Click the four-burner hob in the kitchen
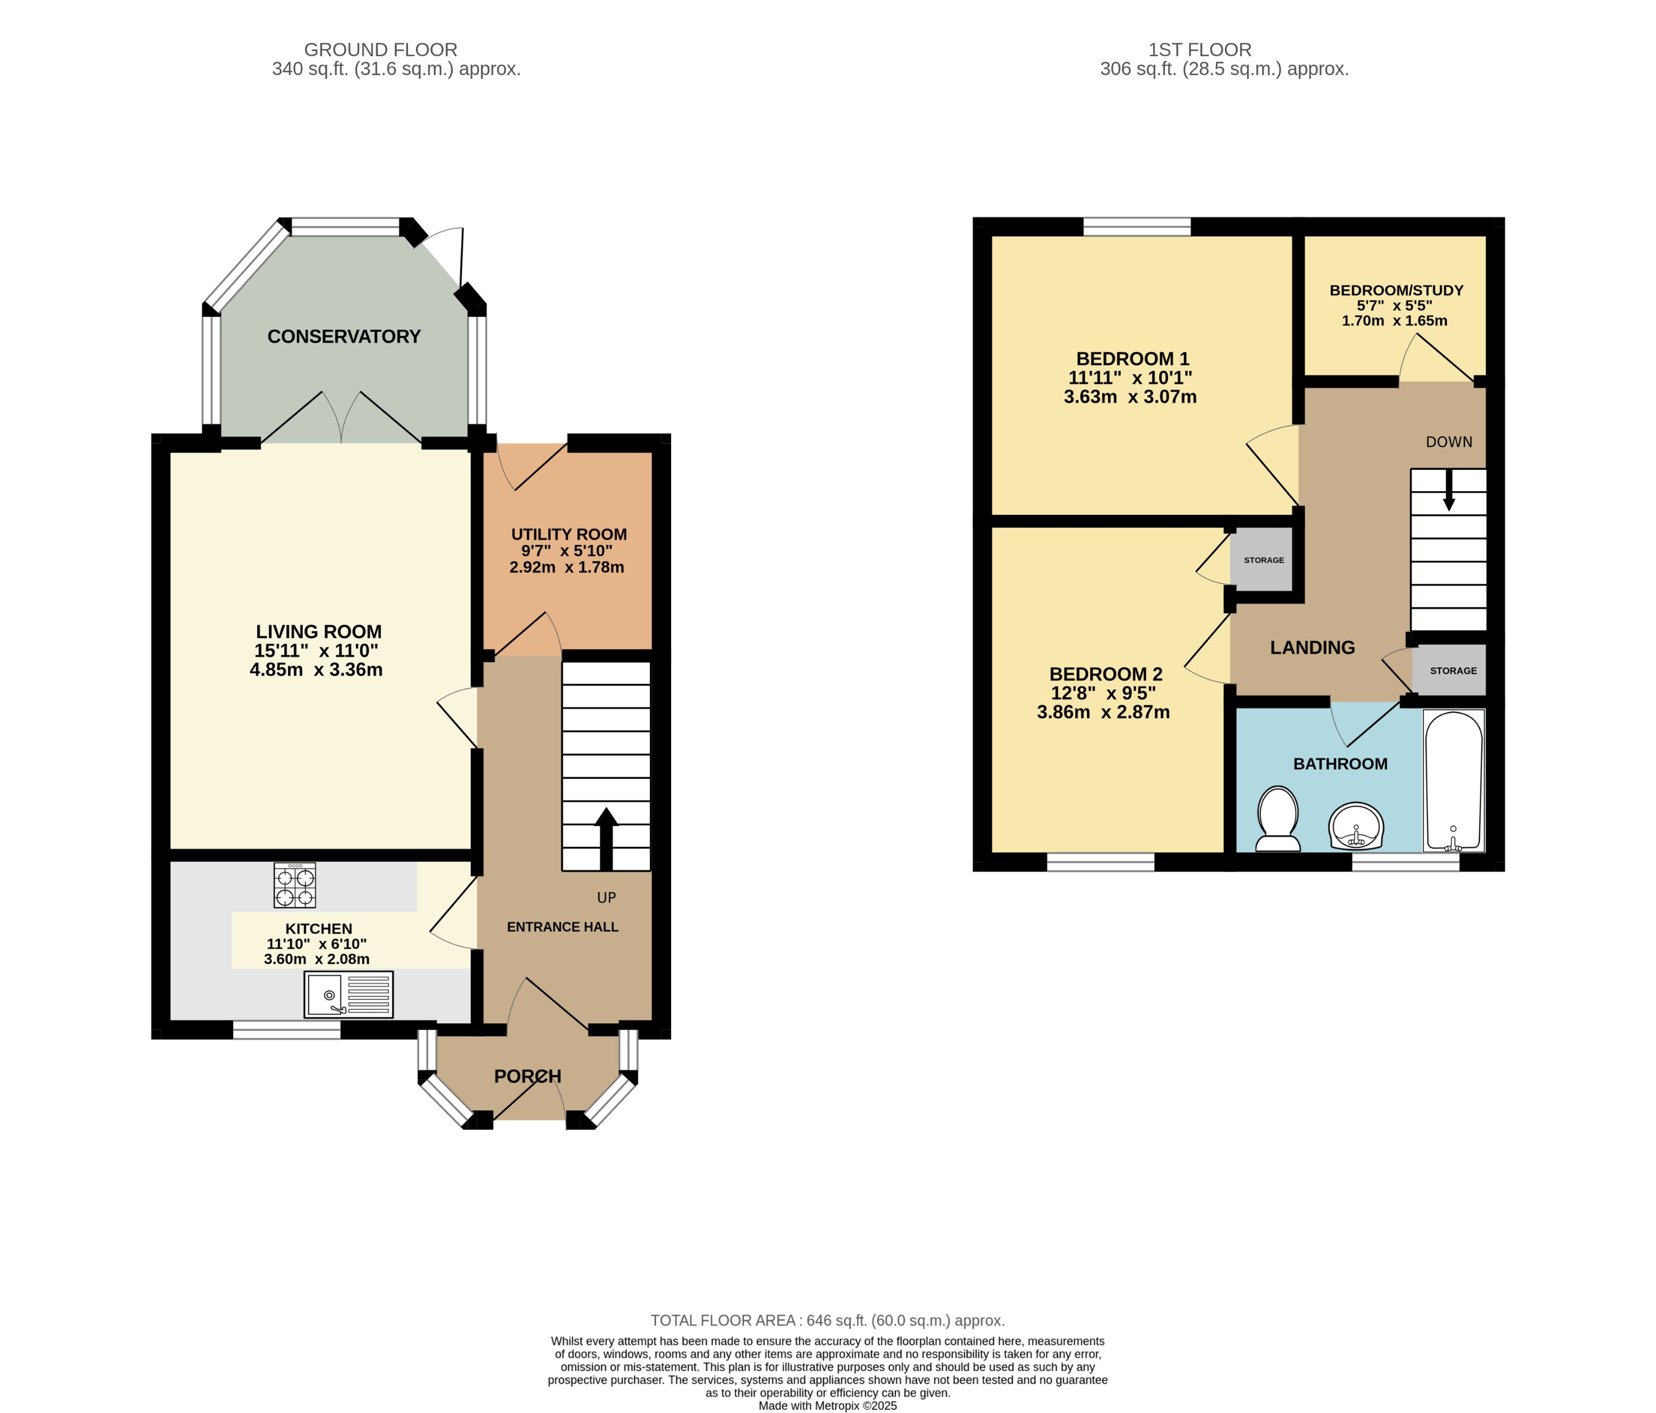coord(294,885)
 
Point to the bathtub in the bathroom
coord(1454,780)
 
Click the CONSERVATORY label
coord(344,336)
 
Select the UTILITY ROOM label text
coord(568,534)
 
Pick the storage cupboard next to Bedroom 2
coord(1264,560)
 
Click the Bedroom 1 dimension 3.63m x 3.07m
coord(1130,397)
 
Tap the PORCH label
coord(528,1076)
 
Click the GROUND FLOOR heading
coord(381,49)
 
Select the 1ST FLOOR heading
coord(1199,49)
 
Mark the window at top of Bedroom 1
coord(1136,227)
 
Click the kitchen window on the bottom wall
coord(286,1030)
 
